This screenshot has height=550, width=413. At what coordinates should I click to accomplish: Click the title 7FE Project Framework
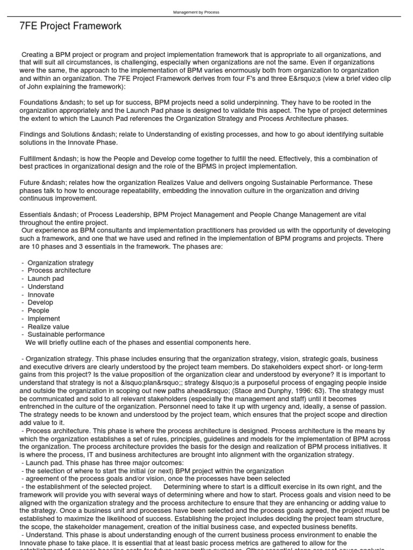[70, 26]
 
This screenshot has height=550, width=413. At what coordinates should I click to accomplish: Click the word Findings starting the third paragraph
[34, 135]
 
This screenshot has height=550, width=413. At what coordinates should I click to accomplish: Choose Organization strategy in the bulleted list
[60, 263]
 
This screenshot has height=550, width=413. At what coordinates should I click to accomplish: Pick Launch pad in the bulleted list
[46, 279]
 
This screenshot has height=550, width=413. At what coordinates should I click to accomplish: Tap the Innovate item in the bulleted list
[41, 294]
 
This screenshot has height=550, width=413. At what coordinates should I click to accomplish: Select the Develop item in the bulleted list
[40, 302]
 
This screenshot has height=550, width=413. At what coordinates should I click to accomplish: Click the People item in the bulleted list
[38, 310]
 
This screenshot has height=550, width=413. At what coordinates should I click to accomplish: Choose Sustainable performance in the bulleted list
[66, 334]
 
